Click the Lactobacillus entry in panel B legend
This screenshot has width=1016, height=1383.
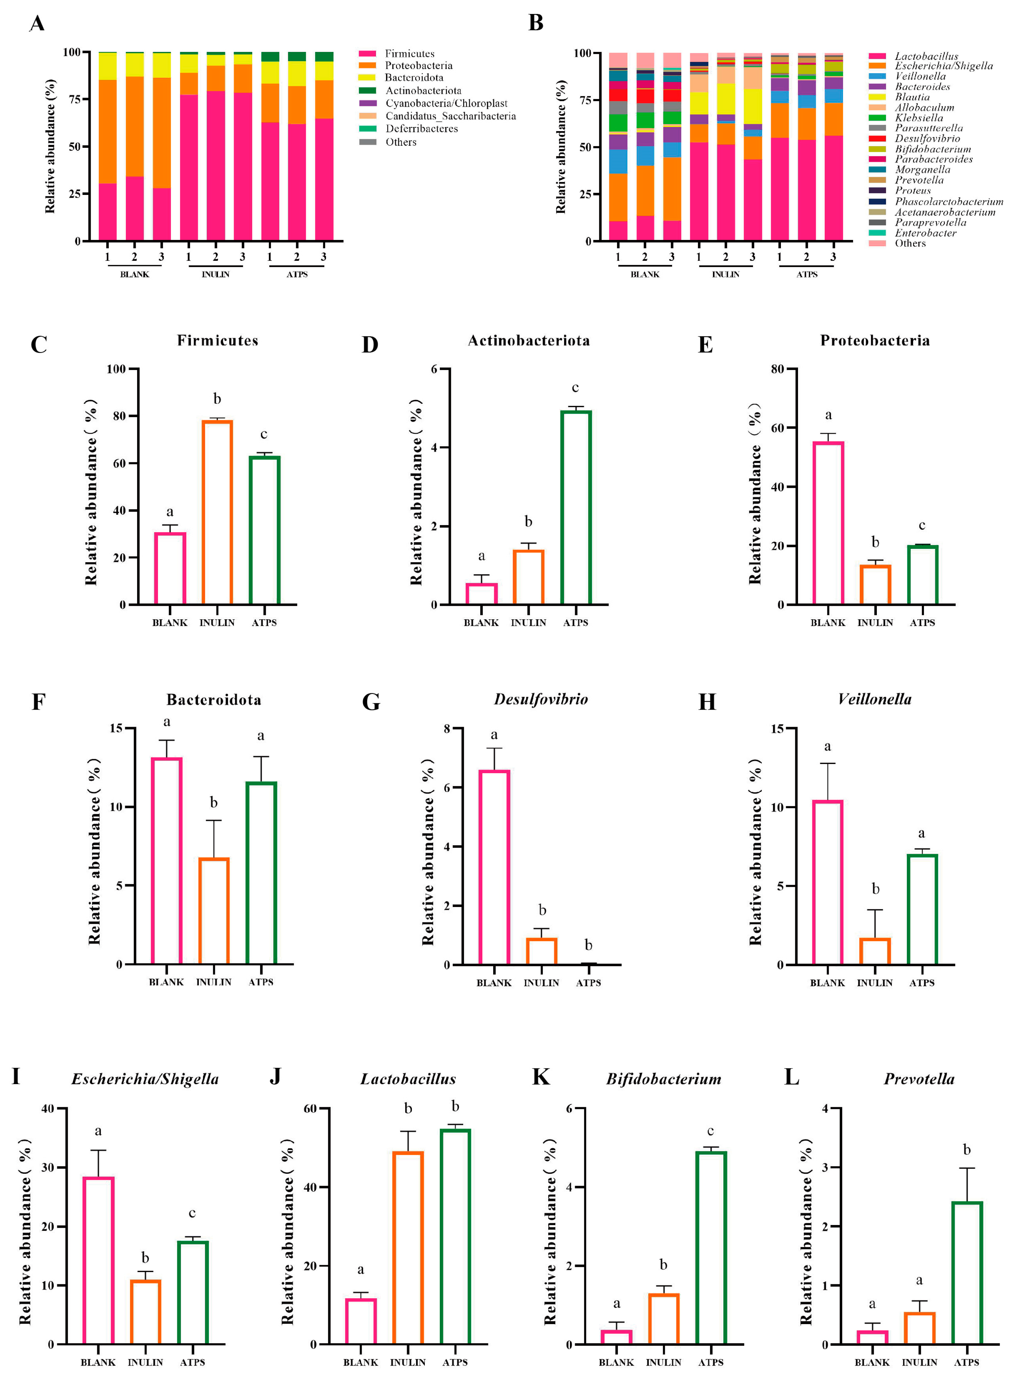point(926,56)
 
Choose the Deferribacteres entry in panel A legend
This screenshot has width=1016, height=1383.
point(421,129)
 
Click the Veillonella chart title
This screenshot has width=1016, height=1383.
point(874,699)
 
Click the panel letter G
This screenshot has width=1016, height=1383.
point(371,702)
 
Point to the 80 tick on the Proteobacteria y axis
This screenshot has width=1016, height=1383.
point(777,369)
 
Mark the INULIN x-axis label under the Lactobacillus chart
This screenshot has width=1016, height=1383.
point(408,1362)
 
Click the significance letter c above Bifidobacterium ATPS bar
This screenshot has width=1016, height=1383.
point(710,1131)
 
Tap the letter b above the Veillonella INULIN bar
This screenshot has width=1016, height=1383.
point(875,889)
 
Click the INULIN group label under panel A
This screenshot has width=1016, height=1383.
point(215,274)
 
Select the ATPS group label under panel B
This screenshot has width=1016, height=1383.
point(807,274)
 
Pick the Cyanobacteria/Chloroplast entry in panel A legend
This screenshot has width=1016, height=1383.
point(446,103)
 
